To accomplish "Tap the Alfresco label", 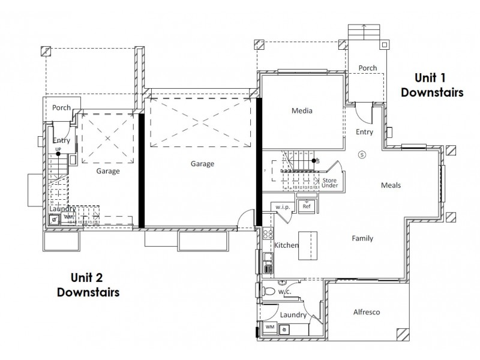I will tap(366, 312).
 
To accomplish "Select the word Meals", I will tap(391, 185).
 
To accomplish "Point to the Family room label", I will tap(362, 238).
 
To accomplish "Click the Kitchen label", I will tap(286, 245).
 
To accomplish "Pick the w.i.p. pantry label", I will tap(281, 207).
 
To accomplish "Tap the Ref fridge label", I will tap(307, 206).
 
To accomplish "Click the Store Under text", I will tap(330, 183).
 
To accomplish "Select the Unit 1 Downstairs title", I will tap(432, 85).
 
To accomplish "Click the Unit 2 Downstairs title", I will tap(88, 284).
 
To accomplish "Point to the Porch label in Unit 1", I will tap(368, 68).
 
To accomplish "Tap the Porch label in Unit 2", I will tap(61, 108).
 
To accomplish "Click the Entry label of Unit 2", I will tap(61, 140).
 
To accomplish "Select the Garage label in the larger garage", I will tap(202, 163).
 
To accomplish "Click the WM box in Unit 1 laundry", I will tap(269, 328).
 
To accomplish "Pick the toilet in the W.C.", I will tap(271, 292).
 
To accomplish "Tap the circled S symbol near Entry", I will tap(362, 154).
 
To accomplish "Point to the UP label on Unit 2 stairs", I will tap(58, 149).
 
